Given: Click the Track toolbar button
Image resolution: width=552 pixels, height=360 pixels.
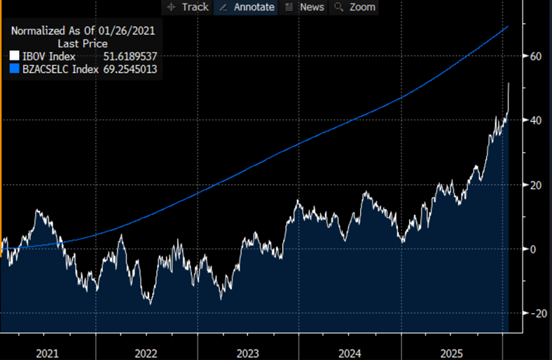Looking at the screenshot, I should tap(188, 7).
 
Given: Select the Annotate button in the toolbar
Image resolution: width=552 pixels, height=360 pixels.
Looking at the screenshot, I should tap(247, 7).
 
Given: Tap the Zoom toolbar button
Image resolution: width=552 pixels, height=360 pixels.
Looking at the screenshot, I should tap(355, 7).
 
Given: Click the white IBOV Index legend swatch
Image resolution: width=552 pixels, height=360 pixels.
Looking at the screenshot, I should tap(15, 56).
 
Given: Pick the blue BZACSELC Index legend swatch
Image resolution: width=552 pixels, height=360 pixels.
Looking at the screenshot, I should tap(15, 69).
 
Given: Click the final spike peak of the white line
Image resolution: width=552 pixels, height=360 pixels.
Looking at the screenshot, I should tap(509, 83).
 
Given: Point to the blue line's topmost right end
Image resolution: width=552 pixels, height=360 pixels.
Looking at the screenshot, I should tap(508, 26).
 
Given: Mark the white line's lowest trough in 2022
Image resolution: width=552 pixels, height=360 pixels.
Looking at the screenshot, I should tap(149, 303).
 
